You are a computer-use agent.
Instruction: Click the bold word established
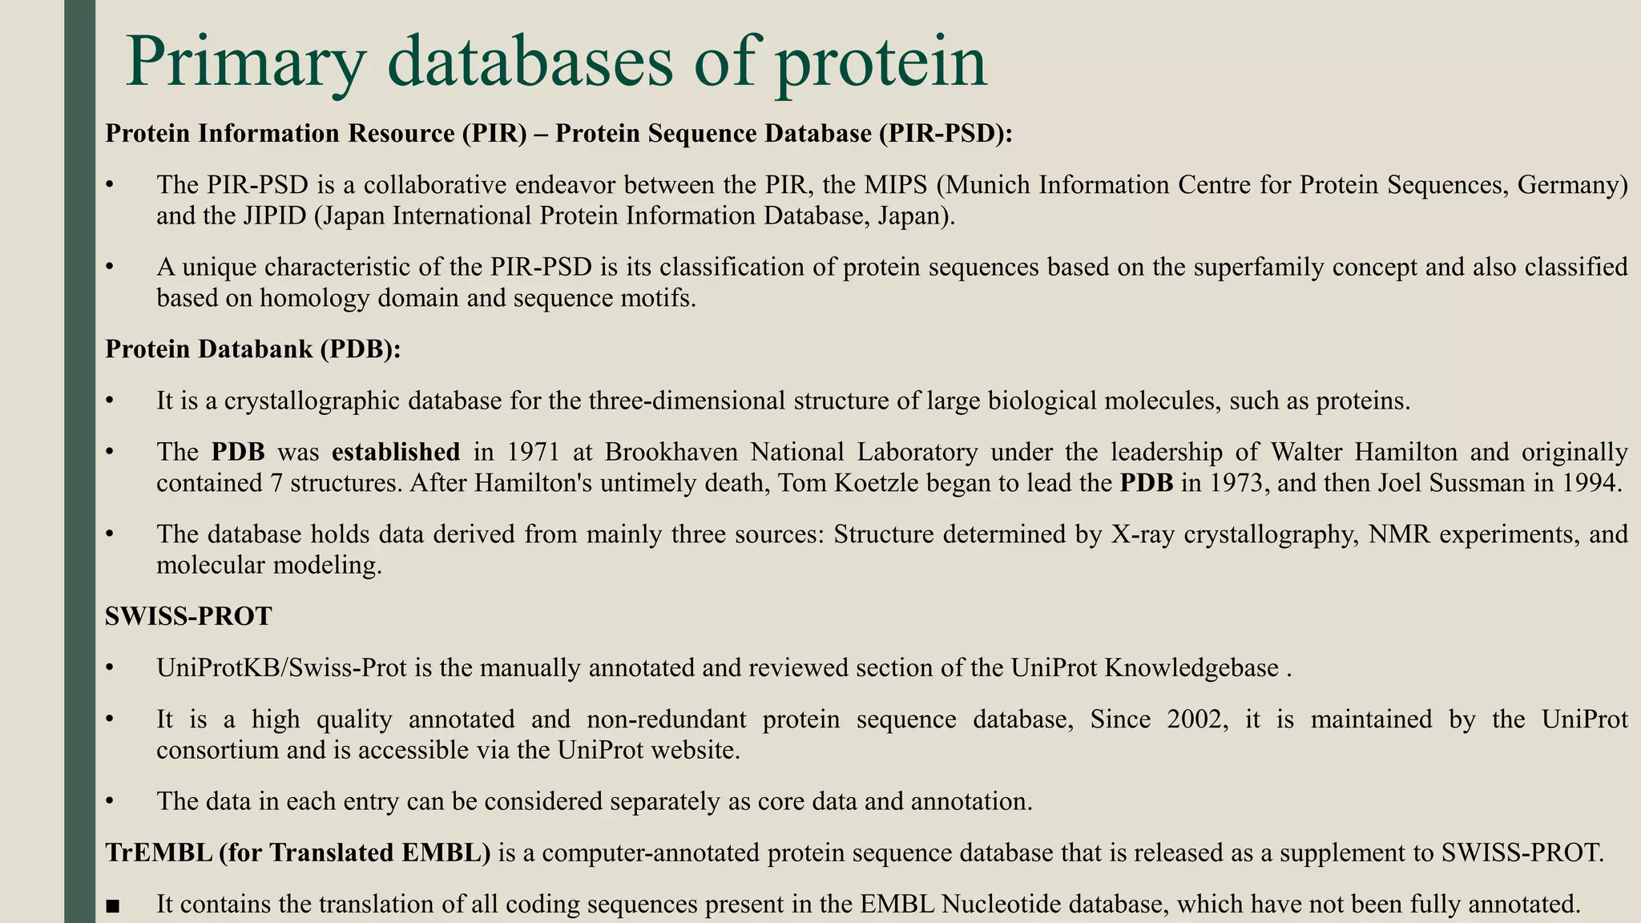pos(396,452)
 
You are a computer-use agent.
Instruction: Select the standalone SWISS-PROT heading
pos(188,616)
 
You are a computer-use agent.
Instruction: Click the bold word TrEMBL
pos(158,852)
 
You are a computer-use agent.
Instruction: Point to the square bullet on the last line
pos(112,905)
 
